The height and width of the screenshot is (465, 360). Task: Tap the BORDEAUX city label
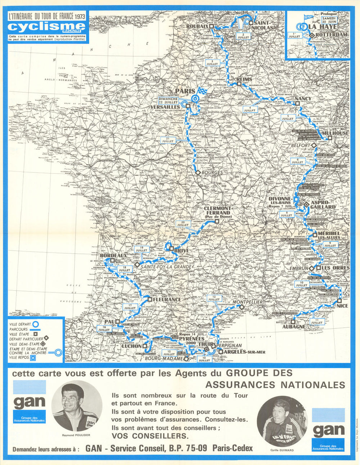pyautogui.click(x=113, y=255)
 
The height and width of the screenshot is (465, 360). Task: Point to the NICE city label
pyautogui.click(x=342, y=306)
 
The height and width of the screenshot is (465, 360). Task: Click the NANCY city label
pyautogui.click(x=302, y=98)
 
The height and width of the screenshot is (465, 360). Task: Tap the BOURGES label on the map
pyautogui.click(x=212, y=173)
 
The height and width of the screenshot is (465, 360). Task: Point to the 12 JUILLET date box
pyautogui.click(x=214, y=298)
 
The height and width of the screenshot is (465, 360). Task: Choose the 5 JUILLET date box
pyautogui.click(x=288, y=117)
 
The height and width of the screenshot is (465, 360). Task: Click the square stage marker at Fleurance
pyautogui.click(x=149, y=299)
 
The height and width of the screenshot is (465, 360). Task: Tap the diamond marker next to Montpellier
pyautogui.click(x=242, y=307)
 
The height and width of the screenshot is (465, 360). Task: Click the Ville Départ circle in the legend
pyautogui.click(x=36, y=324)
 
